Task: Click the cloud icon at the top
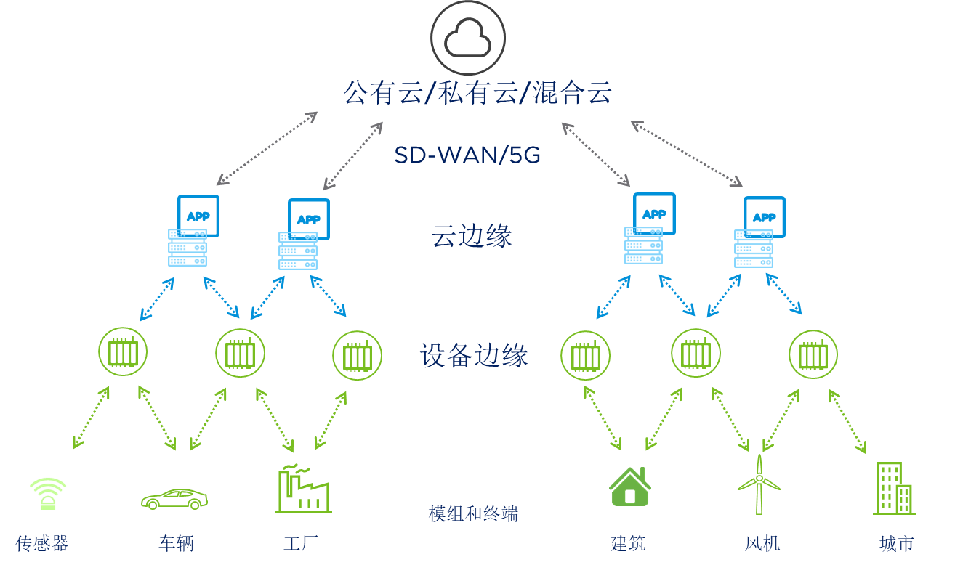click(467, 38)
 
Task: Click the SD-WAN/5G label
click(467, 155)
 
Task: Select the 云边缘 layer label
click(472, 236)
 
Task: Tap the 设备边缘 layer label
click(474, 356)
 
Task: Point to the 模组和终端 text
click(473, 514)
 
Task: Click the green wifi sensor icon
click(48, 493)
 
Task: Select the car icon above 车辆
click(174, 499)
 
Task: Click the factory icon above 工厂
click(303, 490)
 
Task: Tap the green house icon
click(629, 487)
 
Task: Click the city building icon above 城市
click(893, 489)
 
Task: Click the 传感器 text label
click(41, 543)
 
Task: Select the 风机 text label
click(762, 543)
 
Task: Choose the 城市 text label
click(896, 543)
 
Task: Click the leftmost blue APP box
click(198, 216)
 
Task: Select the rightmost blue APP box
click(764, 217)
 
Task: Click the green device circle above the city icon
click(813, 355)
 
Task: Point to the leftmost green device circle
click(123, 351)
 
